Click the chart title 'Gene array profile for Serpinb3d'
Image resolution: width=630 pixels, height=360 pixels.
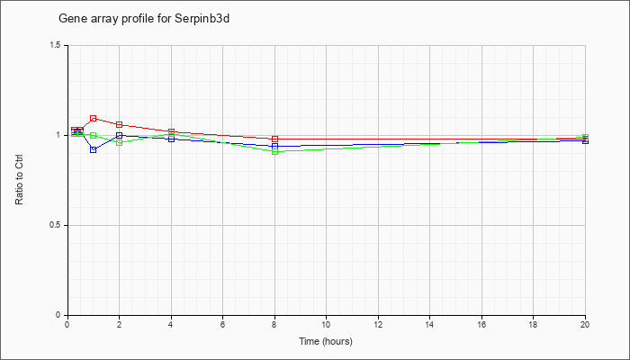coord(144,19)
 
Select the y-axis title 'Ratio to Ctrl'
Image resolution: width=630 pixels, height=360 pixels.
coord(19,180)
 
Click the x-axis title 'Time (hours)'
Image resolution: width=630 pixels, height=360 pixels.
coord(326,341)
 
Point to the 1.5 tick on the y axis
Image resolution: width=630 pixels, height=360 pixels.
coord(56,45)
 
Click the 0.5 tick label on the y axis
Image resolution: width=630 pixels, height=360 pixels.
coord(56,225)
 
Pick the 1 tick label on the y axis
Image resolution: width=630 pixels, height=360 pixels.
coord(58,135)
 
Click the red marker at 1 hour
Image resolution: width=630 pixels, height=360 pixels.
coord(94,118)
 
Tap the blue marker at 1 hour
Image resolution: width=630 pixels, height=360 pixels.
coord(94,149)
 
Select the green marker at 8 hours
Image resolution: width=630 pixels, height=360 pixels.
coord(274,151)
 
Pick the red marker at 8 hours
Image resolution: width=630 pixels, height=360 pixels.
coord(274,139)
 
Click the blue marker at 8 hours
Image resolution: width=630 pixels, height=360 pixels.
coord(274,146)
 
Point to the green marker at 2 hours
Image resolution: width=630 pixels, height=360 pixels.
coord(120,142)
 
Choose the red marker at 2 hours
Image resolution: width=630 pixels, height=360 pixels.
coord(120,124)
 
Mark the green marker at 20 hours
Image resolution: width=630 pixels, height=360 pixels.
coord(585,137)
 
